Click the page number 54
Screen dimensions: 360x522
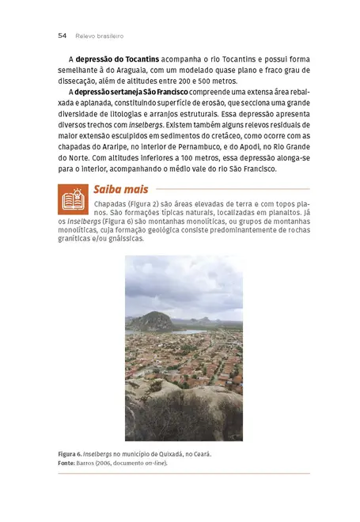coord(62,36)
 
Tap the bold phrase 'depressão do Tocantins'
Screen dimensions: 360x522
coord(117,59)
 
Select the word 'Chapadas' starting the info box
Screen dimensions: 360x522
coord(111,204)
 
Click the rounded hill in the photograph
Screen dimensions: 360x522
coord(152,320)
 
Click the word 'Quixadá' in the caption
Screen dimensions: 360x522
coord(168,454)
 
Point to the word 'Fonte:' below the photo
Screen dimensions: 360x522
coord(66,463)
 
